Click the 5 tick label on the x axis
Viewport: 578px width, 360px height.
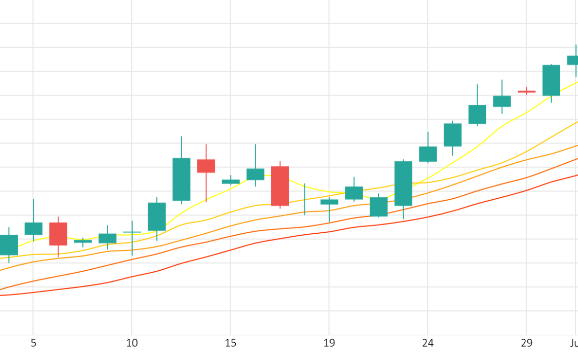33,343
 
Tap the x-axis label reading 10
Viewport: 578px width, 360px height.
132,343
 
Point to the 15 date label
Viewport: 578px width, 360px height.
231,343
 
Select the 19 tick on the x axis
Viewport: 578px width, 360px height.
329,343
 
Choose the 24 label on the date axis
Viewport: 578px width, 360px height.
428,343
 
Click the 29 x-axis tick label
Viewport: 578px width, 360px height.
526,343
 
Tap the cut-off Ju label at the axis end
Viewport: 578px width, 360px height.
573,343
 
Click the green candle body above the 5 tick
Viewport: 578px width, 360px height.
33,228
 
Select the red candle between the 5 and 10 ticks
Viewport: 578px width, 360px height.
58,234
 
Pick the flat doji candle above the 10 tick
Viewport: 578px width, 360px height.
132,232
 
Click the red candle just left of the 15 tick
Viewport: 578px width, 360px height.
206,166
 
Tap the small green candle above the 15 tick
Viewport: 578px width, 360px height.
231,182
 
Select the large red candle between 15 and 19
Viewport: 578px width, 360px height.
280,186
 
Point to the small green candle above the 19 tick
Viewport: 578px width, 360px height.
329,202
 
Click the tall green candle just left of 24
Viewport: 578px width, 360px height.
403,183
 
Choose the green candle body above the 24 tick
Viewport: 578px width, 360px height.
428,154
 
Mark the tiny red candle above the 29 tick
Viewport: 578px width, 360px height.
526,92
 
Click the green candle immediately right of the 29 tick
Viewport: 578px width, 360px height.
551,80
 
